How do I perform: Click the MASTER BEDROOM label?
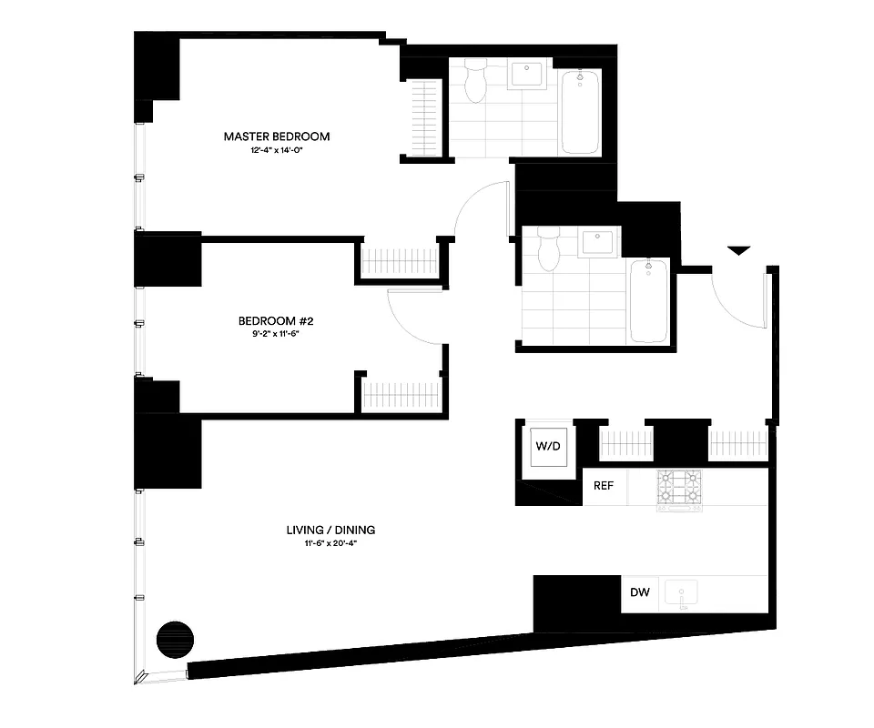(x=277, y=136)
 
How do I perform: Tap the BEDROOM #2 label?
(x=276, y=320)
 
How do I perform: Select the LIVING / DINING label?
(x=330, y=530)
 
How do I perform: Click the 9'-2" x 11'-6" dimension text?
(x=276, y=334)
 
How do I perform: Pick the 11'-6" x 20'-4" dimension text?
(x=330, y=543)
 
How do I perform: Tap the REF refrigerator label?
(x=604, y=485)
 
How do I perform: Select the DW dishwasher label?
(x=640, y=593)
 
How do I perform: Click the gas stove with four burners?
(x=680, y=490)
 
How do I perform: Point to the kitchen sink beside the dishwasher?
(x=681, y=593)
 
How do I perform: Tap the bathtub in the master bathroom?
(x=580, y=112)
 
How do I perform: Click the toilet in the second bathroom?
(x=547, y=248)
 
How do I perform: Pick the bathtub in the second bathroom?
(x=649, y=298)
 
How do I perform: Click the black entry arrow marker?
(x=738, y=249)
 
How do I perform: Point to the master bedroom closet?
(x=422, y=119)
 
